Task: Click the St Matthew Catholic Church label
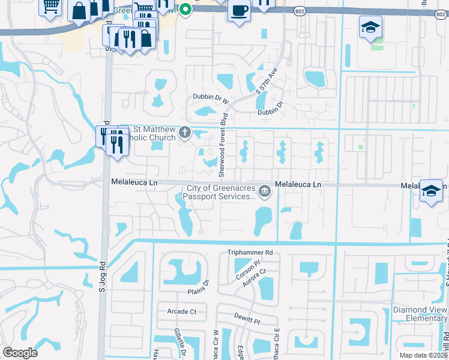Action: point(154,133)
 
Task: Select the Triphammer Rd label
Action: point(250,253)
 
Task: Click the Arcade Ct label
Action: point(185,311)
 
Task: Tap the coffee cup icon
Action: point(239,11)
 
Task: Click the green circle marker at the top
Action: point(185,8)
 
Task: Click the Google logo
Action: point(20,353)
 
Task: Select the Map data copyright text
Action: point(423,355)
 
